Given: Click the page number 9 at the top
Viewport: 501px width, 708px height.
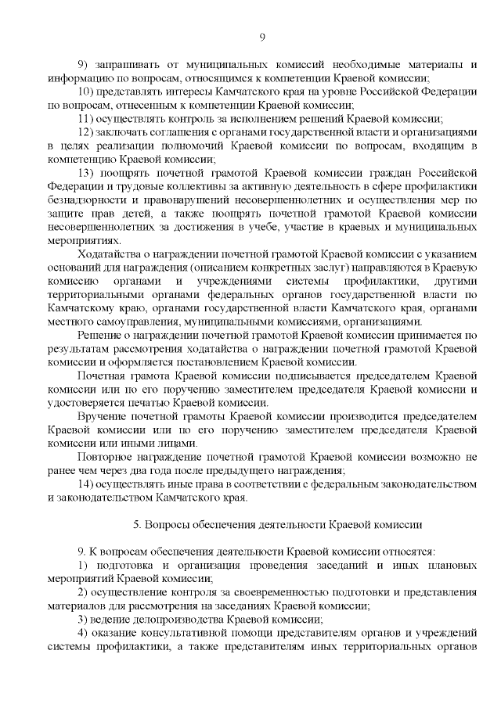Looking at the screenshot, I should [x=262, y=37].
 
